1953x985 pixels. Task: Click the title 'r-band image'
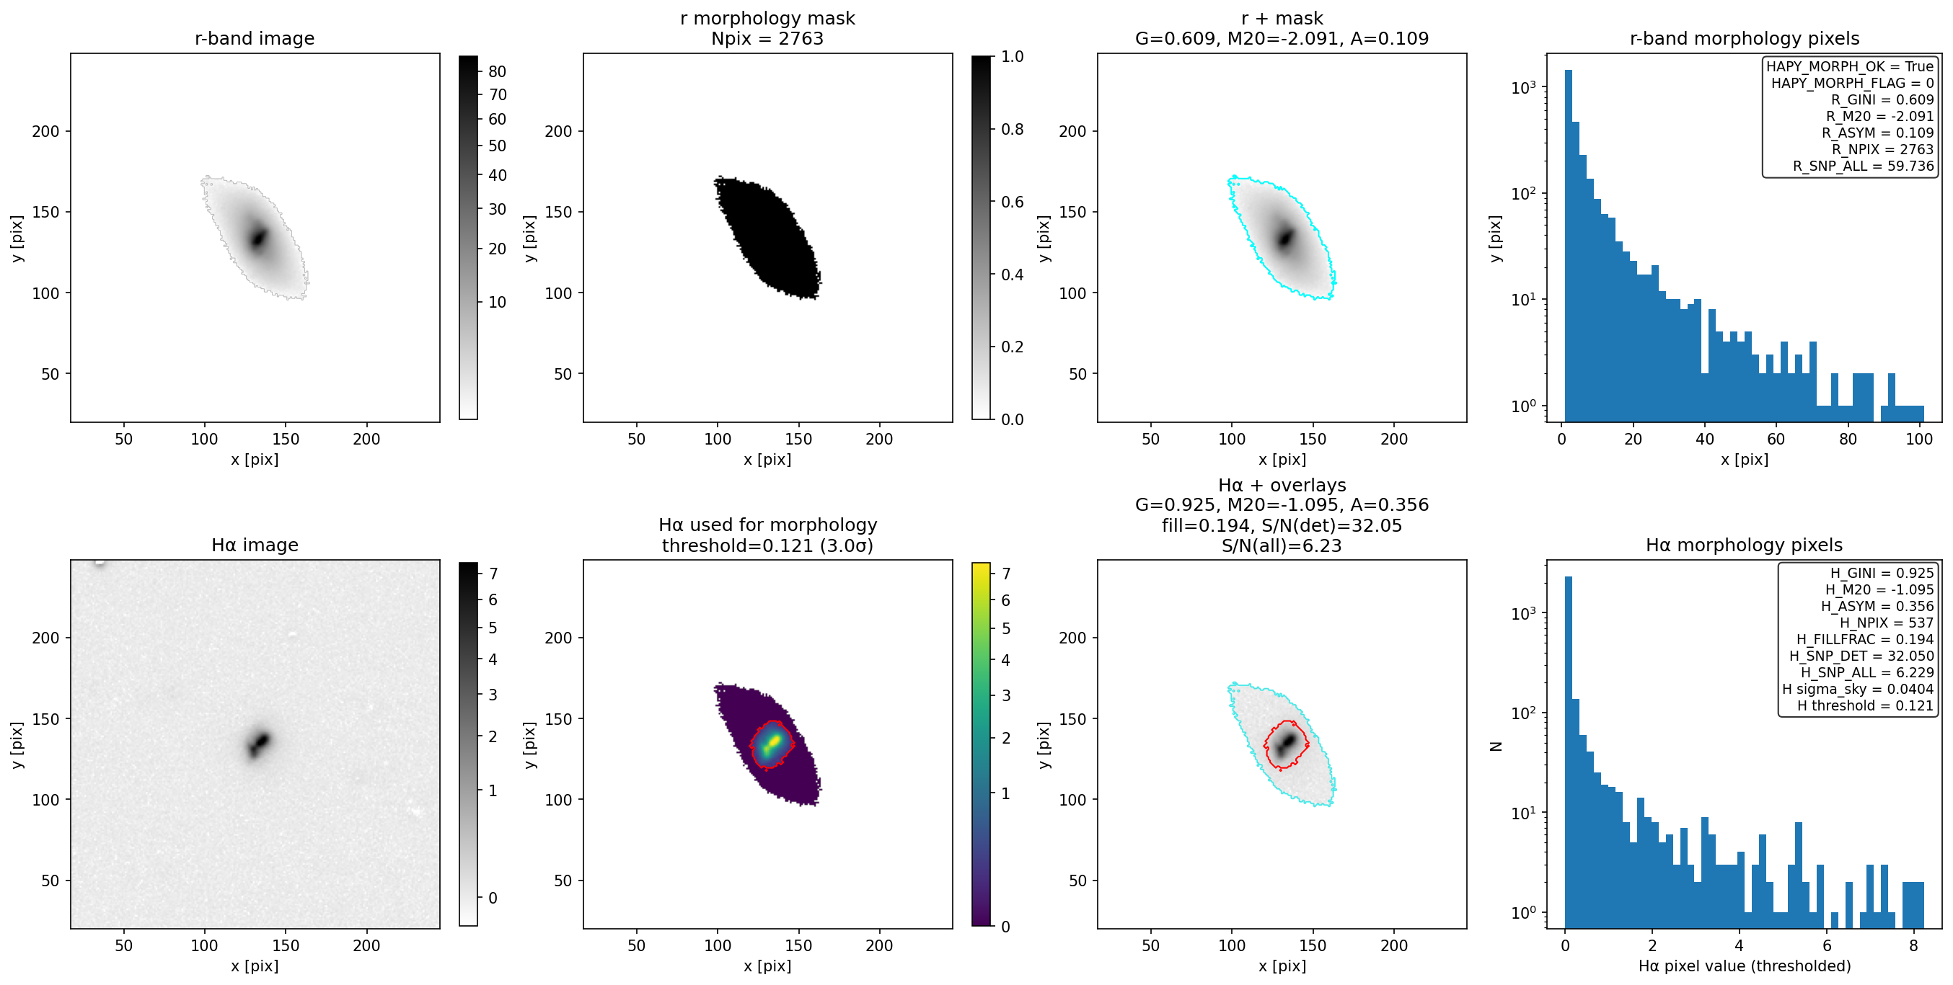tap(254, 38)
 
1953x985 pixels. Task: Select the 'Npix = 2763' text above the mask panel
tap(767, 38)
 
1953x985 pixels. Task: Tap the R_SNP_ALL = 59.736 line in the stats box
tap(1863, 166)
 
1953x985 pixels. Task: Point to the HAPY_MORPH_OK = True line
tap(1850, 67)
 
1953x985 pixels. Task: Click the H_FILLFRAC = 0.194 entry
tap(1864, 639)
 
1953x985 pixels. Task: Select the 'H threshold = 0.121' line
tap(1865, 705)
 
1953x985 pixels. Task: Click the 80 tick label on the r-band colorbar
tap(498, 71)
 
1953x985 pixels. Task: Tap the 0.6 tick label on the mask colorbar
tap(1012, 202)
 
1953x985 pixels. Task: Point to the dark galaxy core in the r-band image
tap(258, 238)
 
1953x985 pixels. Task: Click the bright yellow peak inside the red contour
tap(774, 739)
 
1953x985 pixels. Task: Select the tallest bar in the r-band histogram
tap(1569, 246)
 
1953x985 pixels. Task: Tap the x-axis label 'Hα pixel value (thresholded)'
tap(1744, 966)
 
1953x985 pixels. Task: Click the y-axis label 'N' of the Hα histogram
tap(1496, 746)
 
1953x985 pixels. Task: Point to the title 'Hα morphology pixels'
tap(1744, 545)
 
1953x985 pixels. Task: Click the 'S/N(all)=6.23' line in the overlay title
tap(1282, 545)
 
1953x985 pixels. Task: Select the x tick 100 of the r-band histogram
tap(1919, 439)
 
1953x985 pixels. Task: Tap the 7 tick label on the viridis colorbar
tap(1006, 574)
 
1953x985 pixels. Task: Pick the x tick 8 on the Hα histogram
tap(1913, 945)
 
